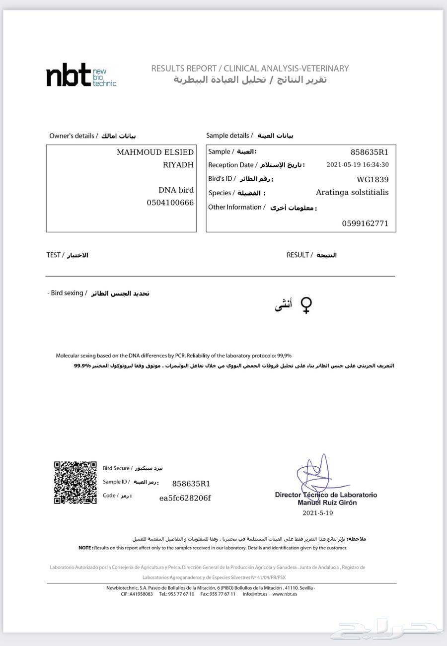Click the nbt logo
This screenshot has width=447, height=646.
(81, 75)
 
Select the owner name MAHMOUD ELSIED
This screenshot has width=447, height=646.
(155, 152)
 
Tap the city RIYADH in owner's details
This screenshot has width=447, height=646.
(178, 165)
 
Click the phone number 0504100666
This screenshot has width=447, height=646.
(170, 203)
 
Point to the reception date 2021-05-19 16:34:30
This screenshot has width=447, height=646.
(357, 165)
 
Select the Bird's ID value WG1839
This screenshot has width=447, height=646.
(372, 180)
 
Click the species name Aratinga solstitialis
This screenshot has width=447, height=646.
(352, 192)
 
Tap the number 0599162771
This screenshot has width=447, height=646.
(365, 223)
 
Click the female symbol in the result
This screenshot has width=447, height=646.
(306, 305)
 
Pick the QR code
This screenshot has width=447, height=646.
(75, 483)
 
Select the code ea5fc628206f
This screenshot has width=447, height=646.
(185, 498)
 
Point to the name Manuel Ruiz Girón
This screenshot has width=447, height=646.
(327, 502)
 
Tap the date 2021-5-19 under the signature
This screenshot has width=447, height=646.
(317, 513)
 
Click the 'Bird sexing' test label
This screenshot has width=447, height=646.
(67, 293)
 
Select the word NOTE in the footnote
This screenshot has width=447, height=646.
(85, 548)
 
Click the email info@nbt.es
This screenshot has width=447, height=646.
(255, 594)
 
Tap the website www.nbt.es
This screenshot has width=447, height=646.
(285, 594)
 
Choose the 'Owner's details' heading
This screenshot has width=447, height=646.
(74, 136)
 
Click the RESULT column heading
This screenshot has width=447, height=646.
(298, 255)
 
